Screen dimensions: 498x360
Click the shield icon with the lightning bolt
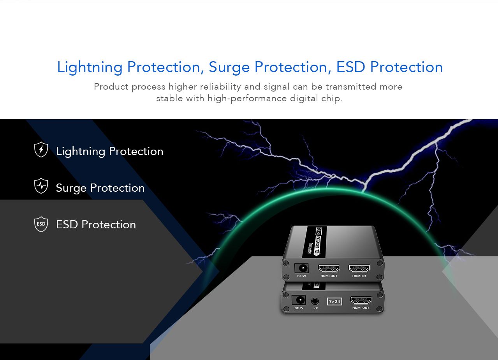tap(41, 149)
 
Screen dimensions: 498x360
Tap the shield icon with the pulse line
tap(41, 185)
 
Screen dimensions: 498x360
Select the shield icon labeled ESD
tap(41, 224)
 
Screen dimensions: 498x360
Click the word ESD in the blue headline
tap(350, 67)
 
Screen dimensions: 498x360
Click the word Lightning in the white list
tap(81, 152)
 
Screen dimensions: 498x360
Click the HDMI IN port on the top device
tap(359, 268)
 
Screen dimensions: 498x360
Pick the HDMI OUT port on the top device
tap(329, 268)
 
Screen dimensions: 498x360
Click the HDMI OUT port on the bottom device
tap(361, 300)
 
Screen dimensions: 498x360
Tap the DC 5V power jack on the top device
tap(301, 268)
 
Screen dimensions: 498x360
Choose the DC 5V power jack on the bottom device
tap(299, 300)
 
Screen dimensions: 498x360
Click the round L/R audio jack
tap(315, 302)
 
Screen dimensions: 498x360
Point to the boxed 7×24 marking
tap(334, 302)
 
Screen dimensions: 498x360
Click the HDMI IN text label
tap(359, 276)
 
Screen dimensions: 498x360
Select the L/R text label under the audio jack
tap(315, 308)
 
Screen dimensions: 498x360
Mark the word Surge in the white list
tap(71, 189)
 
